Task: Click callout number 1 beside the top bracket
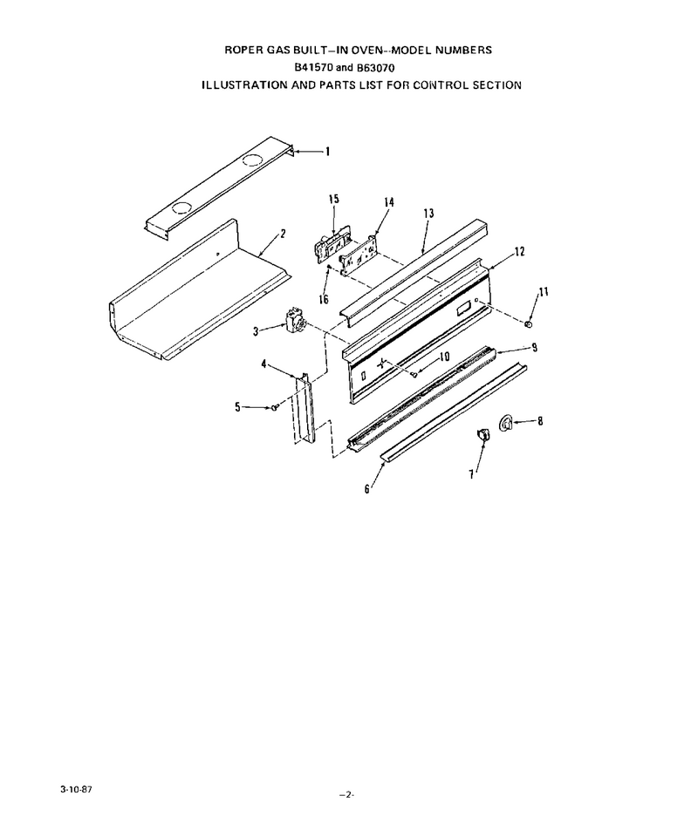[328, 152]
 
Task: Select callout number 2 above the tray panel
[283, 234]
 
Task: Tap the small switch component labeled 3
[292, 321]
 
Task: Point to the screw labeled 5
[274, 407]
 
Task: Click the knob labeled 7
[482, 435]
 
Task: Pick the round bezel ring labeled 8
[504, 423]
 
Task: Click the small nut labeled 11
[529, 324]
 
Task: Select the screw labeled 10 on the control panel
[414, 375]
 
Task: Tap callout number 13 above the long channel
[428, 214]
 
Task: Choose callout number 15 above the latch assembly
[334, 199]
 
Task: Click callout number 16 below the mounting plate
[324, 299]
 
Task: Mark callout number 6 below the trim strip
[367, 488]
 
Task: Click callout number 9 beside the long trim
[534, 348]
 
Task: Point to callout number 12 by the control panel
[519, 252]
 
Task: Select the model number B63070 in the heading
[375, 67]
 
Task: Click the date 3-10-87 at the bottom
[77, 789]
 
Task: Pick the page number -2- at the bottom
[346, 795]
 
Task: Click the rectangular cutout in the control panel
[464, 309]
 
